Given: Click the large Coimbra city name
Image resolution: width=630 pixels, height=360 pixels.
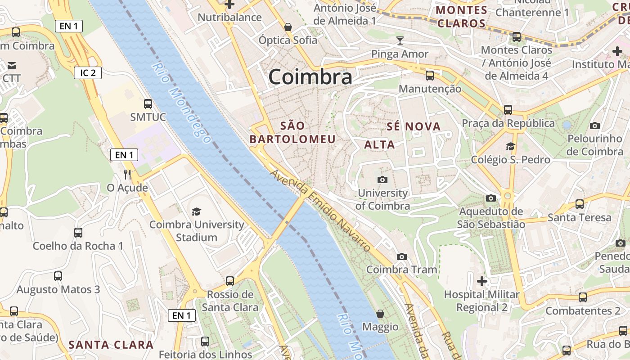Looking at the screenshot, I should coord(310,77).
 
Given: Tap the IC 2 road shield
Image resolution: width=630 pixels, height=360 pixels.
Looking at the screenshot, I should coord(88,72).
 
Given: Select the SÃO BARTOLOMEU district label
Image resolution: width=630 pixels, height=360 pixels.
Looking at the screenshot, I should coord(293,132).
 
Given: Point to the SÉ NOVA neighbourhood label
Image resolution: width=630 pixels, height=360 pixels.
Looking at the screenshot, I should coord(414,126).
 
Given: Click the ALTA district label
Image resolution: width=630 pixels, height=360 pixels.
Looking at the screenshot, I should coord(379,144).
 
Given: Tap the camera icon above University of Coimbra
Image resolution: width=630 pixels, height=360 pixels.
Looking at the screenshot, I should coord(382,180).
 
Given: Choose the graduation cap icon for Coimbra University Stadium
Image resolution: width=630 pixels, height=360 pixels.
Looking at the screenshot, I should coord(197,211).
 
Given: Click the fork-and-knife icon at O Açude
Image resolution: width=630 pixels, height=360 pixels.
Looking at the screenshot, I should coord(127,175).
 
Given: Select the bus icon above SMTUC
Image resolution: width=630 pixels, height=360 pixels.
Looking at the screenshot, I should coord(148,104).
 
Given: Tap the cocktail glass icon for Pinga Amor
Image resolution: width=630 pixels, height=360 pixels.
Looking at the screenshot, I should coord(400,41).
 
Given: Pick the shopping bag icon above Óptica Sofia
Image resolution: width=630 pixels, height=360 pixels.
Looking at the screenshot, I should coord(288,27).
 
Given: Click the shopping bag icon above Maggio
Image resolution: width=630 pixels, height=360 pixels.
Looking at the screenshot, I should coord(380,314).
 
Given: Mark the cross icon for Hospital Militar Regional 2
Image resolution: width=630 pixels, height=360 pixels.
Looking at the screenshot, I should coord(482,282).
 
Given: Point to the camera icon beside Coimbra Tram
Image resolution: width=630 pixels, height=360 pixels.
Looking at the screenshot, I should coord(402,257).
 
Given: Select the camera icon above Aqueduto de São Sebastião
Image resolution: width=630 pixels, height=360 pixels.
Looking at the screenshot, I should coord(491,198).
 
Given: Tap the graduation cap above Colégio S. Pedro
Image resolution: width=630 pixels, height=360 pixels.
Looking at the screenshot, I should coord(510,147).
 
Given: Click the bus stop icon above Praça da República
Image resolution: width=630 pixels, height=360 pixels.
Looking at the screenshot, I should coord(508,109).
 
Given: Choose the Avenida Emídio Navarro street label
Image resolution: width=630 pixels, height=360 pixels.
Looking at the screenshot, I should coord(320,210).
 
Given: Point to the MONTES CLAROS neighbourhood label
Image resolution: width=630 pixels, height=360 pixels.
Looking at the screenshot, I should coord(462,17).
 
